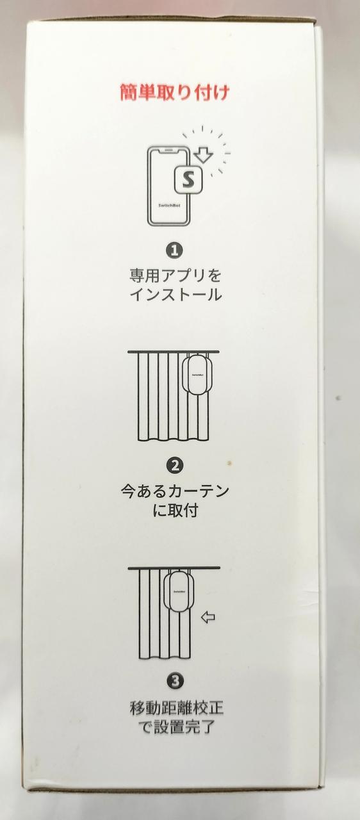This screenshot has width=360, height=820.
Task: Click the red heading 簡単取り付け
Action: point(174,92)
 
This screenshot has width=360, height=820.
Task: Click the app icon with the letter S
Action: point(188,180)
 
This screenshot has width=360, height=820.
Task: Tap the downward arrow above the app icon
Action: point(204,154)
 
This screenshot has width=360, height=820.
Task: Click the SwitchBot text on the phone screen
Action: point(169,206)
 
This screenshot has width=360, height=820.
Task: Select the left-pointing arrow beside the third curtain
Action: point(208,618)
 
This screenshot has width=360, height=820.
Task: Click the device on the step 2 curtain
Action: point(197,375)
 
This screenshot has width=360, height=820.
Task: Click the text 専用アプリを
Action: point(176,275)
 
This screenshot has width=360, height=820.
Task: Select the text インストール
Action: point(176,295)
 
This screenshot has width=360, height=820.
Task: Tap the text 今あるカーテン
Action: point(175,491)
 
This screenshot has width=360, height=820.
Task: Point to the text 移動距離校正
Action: point(176,709)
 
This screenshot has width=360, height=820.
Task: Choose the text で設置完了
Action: point(176,728)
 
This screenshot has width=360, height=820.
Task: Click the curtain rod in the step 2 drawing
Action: point(174,352)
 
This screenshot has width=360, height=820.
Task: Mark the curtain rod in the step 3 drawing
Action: point(174,568)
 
